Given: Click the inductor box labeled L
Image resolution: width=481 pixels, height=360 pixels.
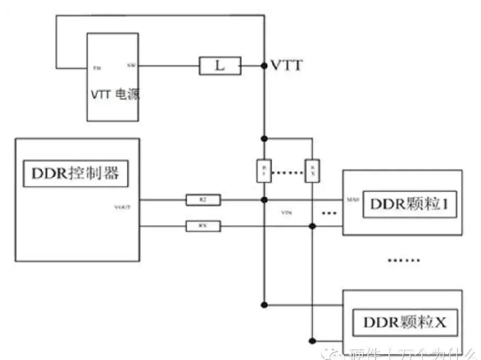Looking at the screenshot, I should click(220, 65).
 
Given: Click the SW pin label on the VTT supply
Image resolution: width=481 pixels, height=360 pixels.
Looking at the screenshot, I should click(131, 65).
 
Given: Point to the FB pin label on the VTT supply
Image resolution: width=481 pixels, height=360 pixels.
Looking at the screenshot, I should click(98, 66).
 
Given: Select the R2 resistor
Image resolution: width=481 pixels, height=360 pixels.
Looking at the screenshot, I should click(202, 198).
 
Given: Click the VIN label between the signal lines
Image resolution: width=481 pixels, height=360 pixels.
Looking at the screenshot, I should click(287, 212).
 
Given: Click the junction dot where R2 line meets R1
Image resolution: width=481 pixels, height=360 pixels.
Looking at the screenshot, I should click(264, 199).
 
